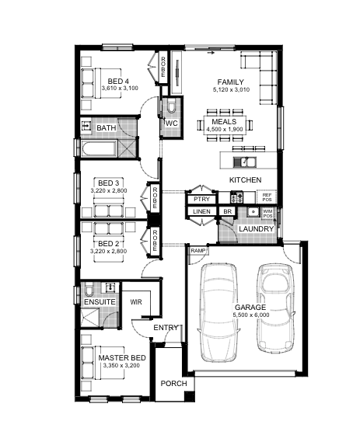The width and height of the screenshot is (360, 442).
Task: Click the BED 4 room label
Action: (x=118, y=82)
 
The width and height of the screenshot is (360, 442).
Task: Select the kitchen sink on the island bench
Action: (x=244, y=162)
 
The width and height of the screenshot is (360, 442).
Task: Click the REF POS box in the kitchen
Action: (x=267, y=197)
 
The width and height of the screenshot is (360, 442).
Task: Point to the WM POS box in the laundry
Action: (x=267, y=214)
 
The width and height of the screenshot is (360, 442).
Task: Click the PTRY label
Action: (x=201, y=199)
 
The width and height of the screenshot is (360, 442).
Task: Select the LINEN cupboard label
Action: (x=201, y=211)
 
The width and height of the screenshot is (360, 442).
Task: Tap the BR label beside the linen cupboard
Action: (x=227, y=211)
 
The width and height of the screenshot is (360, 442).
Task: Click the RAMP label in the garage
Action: (x=198, y=251)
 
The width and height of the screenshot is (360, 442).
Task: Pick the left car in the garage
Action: (x=219, y=312)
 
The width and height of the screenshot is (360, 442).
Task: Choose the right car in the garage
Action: (x=276, y=308)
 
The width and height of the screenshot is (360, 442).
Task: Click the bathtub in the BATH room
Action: (x=99, y=148)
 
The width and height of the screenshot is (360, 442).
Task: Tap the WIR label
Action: (x=136, y=302)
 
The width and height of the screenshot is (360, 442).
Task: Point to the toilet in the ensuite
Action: (x=89, y=290)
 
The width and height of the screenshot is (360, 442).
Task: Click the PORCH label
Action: (x=173, y=384)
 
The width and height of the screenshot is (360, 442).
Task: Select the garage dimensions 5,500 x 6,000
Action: (x=251, y=315)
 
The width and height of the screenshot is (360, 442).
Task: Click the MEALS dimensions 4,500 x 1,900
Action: (x=224, y=130)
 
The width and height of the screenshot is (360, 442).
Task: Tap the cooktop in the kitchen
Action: (x=236, y=197)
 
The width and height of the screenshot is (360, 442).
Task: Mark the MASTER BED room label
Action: (x=122, y=357)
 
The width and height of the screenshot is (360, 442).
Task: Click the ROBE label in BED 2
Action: (x=155, y=241)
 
